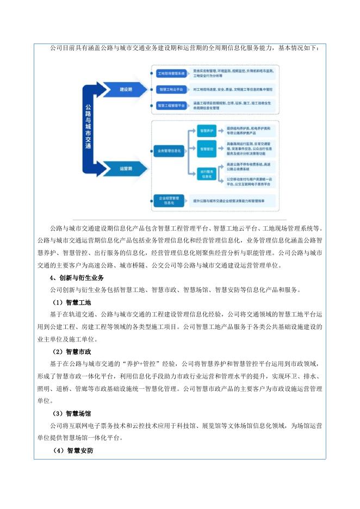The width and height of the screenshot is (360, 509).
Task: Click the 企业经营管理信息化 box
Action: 169,200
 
